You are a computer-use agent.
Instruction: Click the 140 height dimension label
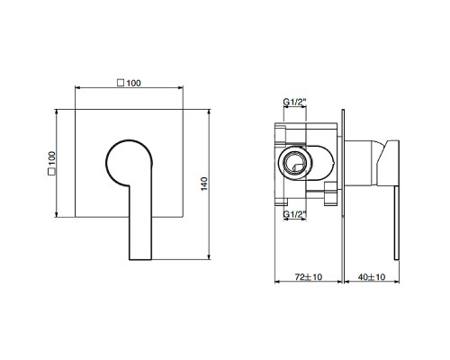(204, 184)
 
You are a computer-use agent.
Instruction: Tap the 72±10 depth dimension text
(309, 276)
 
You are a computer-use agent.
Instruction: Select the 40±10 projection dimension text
(372, 276)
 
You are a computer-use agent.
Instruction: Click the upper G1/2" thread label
(294, 102)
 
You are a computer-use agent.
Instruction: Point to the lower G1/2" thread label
(294, 214)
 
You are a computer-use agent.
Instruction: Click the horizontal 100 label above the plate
(133, 83)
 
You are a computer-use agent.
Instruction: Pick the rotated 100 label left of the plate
(52, 158)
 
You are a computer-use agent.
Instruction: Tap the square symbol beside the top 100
(121, 83)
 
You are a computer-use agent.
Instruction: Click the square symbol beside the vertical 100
(52, 172)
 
